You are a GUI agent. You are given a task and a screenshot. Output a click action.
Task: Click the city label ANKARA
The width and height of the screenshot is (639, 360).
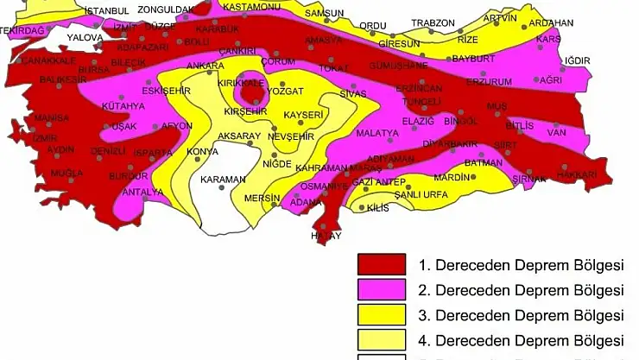206,66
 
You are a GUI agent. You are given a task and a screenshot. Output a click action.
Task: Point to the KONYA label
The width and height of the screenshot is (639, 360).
203,152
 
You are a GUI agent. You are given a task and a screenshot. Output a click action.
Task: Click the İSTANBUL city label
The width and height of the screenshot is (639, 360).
108,10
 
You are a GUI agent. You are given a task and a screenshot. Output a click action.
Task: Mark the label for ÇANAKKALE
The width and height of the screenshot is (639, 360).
48,61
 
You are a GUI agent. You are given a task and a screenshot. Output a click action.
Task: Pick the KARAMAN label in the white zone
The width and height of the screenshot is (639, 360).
223,180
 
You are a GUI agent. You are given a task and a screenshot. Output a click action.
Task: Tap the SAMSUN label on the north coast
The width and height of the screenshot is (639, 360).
325,14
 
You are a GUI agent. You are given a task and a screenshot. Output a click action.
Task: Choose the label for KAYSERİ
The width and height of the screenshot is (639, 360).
303,115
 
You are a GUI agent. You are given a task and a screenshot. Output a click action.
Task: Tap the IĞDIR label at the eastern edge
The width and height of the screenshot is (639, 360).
576,60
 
